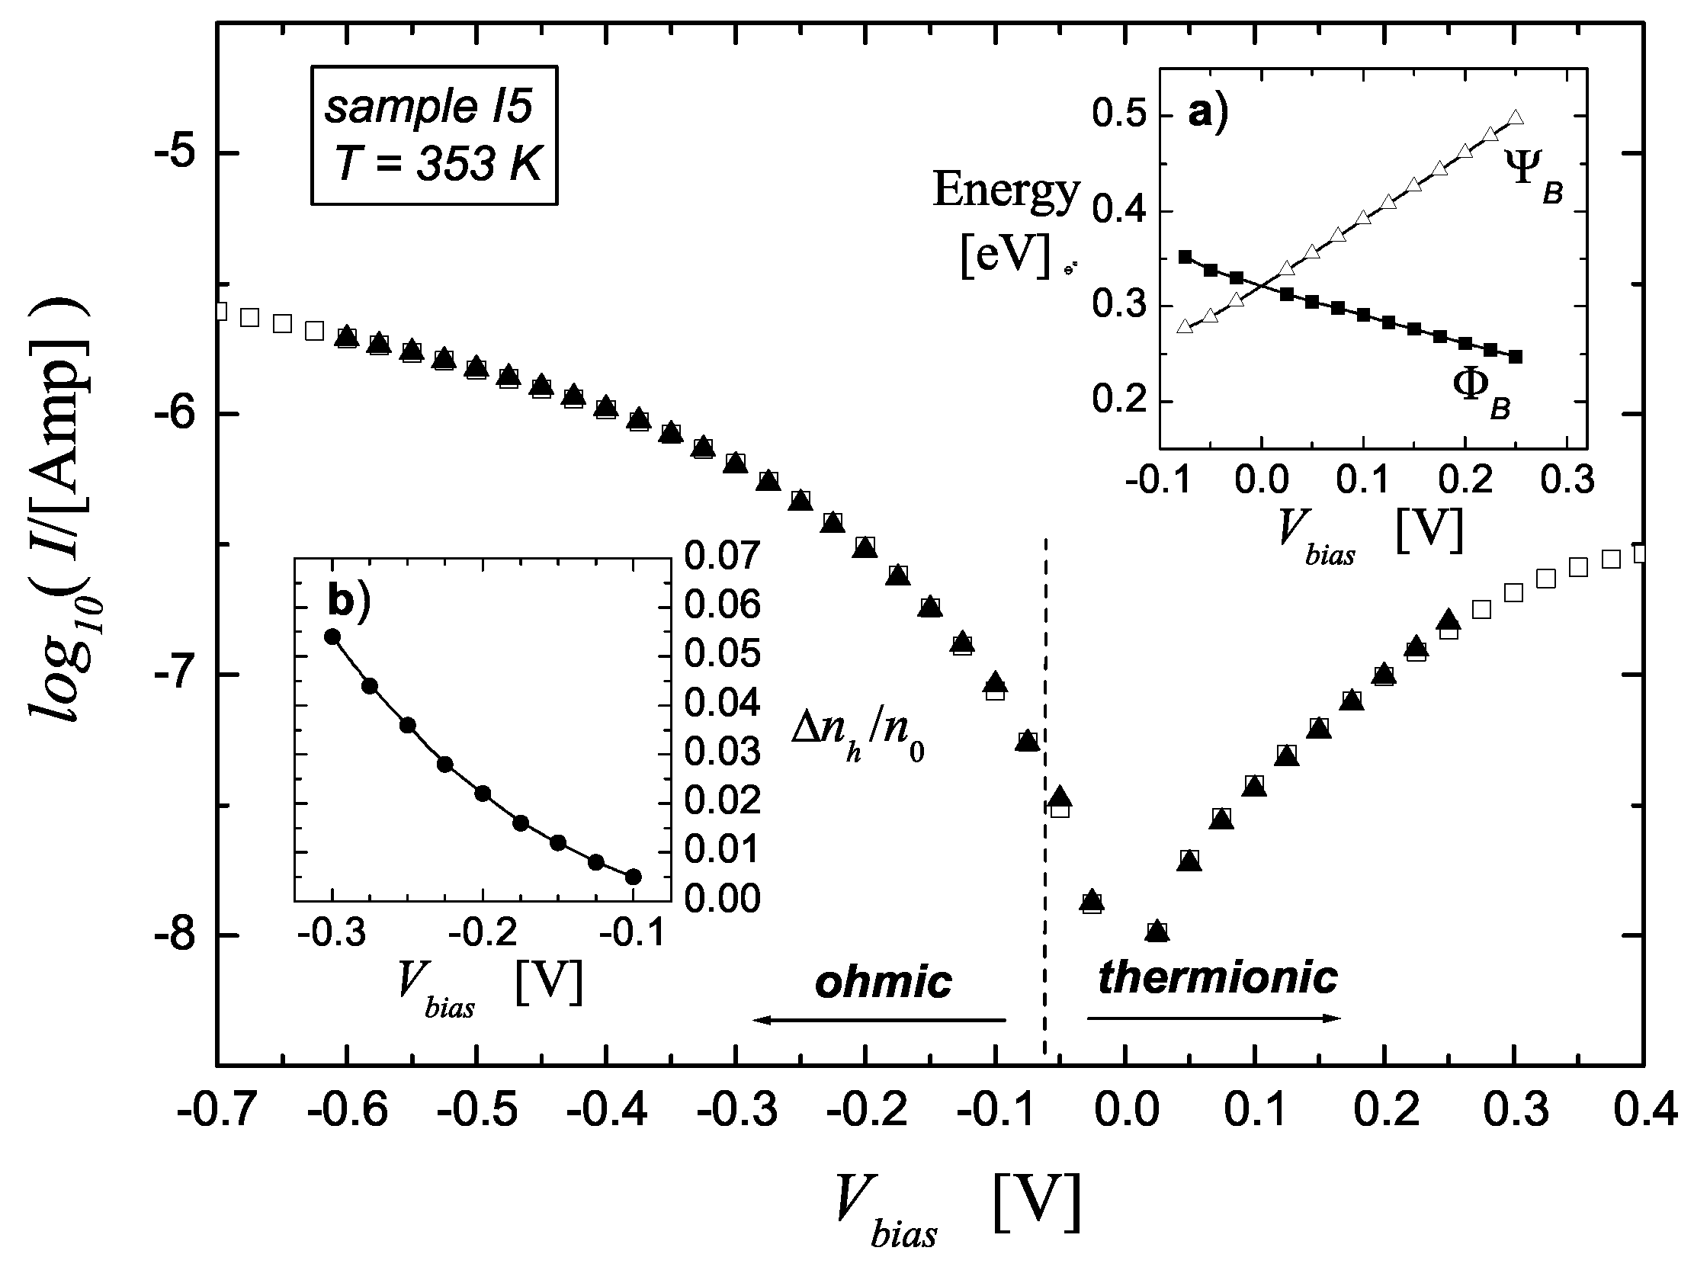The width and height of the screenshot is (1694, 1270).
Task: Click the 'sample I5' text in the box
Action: coord(428,107)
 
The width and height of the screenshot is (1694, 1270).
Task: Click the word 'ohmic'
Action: coord(883,981)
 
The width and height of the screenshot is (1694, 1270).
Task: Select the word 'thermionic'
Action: coord(1218,977)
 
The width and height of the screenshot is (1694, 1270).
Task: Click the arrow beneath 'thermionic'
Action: coord(1214,1018)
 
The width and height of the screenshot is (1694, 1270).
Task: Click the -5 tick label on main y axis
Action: coord(178,154)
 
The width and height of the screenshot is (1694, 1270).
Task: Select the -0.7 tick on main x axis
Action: coord(216,1111)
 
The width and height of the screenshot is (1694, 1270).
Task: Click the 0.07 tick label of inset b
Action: coord(722,556)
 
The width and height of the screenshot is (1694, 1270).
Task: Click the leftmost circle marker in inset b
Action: coord(332,637)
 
